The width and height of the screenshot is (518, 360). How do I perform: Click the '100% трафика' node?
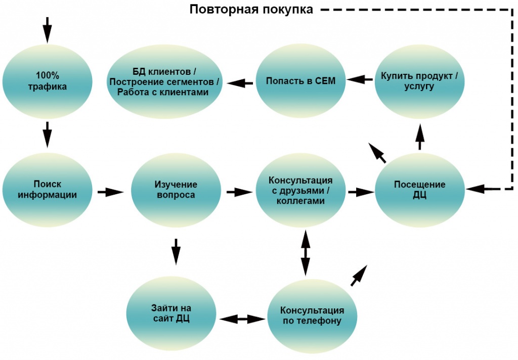[48, 81]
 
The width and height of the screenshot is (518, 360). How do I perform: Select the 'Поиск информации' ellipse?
[48, 189]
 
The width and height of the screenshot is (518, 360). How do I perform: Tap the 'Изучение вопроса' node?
[176, 189]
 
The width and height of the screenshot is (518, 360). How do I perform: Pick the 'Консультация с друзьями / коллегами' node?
[300, 190]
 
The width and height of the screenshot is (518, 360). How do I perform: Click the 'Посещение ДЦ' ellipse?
[419, 189]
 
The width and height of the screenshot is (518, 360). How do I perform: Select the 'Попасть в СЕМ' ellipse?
[300, 80]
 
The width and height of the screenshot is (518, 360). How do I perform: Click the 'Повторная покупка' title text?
[251, 10]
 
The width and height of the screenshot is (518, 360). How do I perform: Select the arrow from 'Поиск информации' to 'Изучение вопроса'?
[110, 192]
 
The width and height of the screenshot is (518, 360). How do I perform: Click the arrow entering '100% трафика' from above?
[47, 29]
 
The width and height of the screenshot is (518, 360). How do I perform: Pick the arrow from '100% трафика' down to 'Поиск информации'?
[47, 134]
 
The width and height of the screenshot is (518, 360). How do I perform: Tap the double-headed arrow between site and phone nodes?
[242, 319]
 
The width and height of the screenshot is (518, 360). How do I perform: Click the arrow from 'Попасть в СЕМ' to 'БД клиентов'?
[241, 82]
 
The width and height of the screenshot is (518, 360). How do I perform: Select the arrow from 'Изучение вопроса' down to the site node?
[176, 251]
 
